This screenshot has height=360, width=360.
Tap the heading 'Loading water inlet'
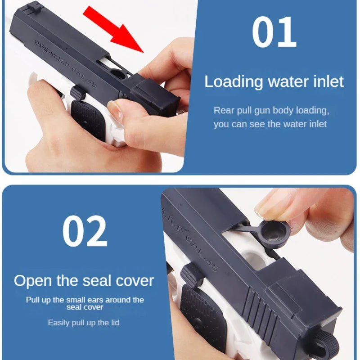tap(274, 81)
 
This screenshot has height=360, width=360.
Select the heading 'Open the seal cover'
tap(84, 281)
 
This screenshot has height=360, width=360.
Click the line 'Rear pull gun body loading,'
tap(271, 110)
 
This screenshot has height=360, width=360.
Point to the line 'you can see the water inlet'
tap(270, 124)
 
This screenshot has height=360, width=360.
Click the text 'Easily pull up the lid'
tap(84, 323)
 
